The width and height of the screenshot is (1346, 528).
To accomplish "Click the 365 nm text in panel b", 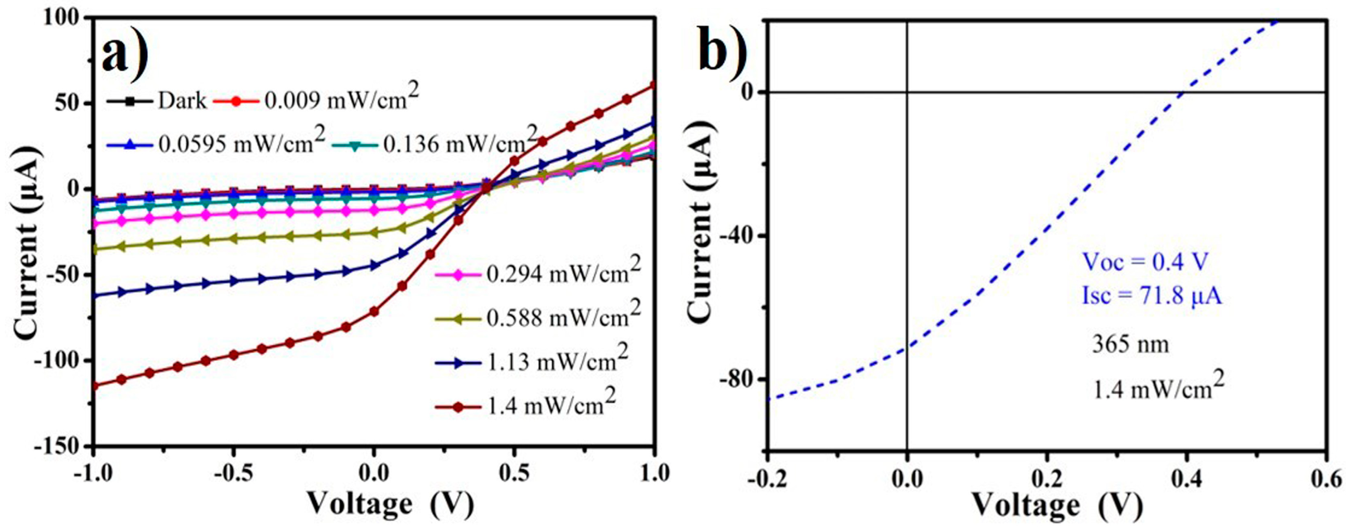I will [x=1130, y=345].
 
